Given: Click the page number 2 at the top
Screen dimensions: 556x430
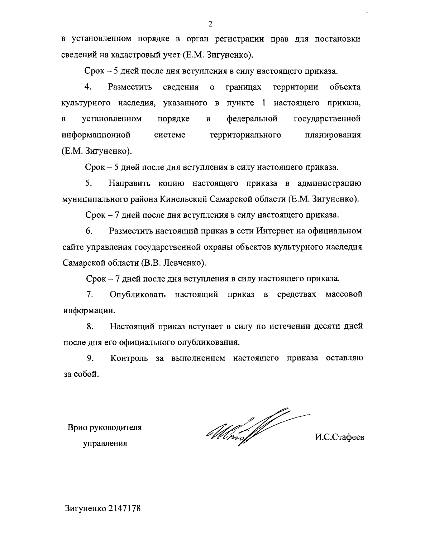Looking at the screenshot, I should (210, 24).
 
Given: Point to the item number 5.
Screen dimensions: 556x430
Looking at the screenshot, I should (89, 183).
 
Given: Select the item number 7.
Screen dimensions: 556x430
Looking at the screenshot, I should (90, 295).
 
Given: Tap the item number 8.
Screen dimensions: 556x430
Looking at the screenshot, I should (90, 327).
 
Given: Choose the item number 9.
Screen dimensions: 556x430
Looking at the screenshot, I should (90, 358).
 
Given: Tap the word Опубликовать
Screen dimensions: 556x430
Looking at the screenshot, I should (138, 295).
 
